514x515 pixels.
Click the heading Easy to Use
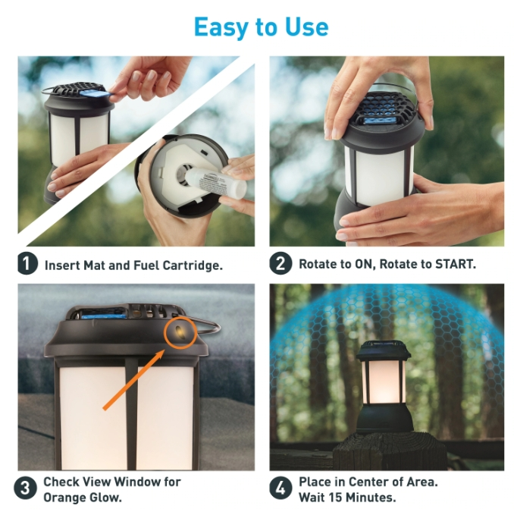(262, 27)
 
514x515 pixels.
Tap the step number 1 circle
(27, 264)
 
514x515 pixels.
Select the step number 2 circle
(281, 263)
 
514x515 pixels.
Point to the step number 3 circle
(25, 488)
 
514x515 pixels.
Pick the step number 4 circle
(281, 488)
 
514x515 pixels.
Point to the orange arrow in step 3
(135, 380)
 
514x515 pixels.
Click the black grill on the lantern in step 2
(382, 108)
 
